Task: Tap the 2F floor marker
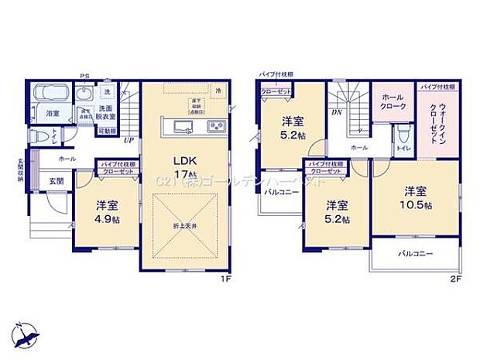458,279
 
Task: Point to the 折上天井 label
186,225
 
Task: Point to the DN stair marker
338,112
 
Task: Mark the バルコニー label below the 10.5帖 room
416,254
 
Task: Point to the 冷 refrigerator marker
218,91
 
